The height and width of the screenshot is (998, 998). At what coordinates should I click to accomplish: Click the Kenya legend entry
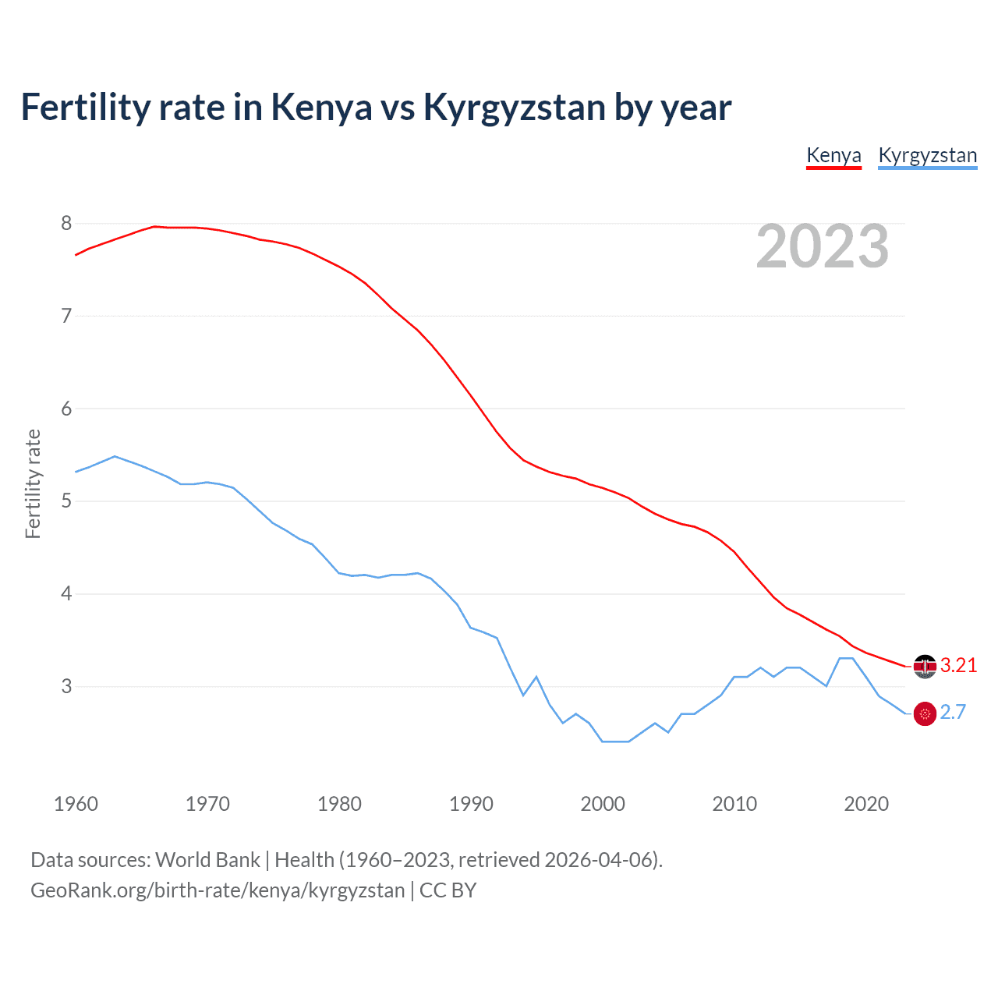tap(833, 155)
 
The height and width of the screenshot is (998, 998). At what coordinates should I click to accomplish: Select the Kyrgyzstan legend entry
tap(927, 155)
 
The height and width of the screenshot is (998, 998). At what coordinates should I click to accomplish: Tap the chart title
tap(376, 107)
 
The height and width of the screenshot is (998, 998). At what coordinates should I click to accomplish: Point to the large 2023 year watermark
tap(822, 246)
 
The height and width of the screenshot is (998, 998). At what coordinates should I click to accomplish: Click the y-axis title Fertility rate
tap(33, 483)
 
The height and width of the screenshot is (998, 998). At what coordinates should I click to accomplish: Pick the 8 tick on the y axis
tap(66, 224)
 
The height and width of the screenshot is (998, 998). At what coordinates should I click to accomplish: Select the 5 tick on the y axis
tap(66, 501)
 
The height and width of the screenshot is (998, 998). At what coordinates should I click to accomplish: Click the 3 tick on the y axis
tap(66, 687)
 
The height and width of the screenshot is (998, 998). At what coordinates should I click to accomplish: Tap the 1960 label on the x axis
tap(76, 804)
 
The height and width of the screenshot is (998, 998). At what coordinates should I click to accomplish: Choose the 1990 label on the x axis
tap(471, 804)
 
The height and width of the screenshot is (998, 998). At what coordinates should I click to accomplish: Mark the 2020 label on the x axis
tap(866, 804)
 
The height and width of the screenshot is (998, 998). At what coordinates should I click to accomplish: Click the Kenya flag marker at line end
tap(925, 666)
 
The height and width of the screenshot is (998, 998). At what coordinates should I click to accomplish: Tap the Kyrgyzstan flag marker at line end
tap(925, 713)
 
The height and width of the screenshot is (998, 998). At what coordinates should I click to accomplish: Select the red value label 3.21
tap(958, 665)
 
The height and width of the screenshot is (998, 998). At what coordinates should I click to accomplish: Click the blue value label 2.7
tap(953, 713)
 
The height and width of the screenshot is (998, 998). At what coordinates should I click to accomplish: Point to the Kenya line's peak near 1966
tap(154, 226)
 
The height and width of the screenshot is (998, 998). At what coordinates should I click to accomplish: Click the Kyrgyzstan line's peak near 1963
tap(115, 456)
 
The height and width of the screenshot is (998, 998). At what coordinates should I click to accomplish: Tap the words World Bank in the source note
tap(207, 860)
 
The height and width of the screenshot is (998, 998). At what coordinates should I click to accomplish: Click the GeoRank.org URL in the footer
tap(218, 890)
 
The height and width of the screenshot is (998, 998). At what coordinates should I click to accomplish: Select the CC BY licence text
tap(448, 890)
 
